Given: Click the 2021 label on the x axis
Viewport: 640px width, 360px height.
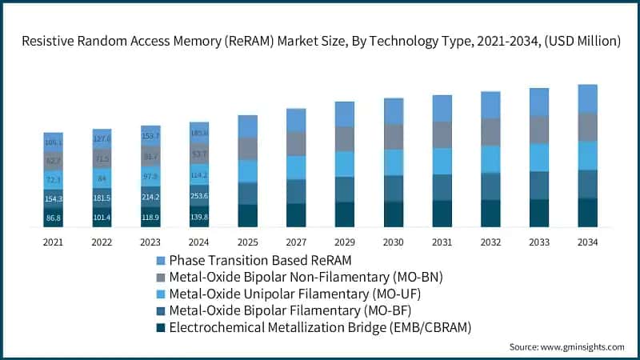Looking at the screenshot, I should click(53, 240).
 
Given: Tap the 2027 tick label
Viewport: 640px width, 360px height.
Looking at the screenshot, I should click(295, 240).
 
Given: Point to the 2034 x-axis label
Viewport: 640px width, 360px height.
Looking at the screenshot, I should click(587, 240).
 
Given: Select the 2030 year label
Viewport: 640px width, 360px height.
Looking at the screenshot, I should click(393, 240).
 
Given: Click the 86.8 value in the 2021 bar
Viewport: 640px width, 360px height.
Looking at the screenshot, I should click(54, 218).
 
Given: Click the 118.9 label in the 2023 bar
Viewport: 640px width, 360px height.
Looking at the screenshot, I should click(150, 217).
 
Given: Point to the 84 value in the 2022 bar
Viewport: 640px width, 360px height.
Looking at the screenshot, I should click(102, 178).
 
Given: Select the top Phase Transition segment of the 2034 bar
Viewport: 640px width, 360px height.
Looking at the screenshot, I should click(587, 98).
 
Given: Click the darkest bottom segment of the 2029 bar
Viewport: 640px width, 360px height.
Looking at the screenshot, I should click(344, 214).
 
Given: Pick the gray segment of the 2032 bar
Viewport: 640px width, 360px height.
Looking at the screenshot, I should click(490, 132).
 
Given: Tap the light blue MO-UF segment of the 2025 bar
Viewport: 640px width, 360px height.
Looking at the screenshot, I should click(247, 171).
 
